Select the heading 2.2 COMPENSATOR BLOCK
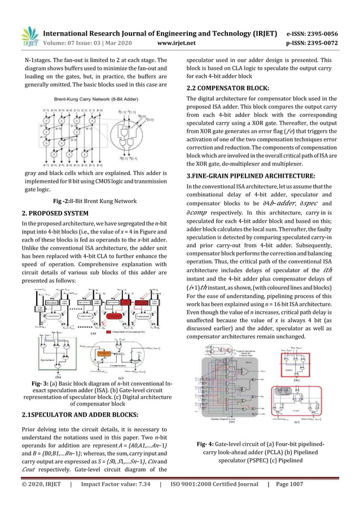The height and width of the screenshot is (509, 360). [x=227, y=88]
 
